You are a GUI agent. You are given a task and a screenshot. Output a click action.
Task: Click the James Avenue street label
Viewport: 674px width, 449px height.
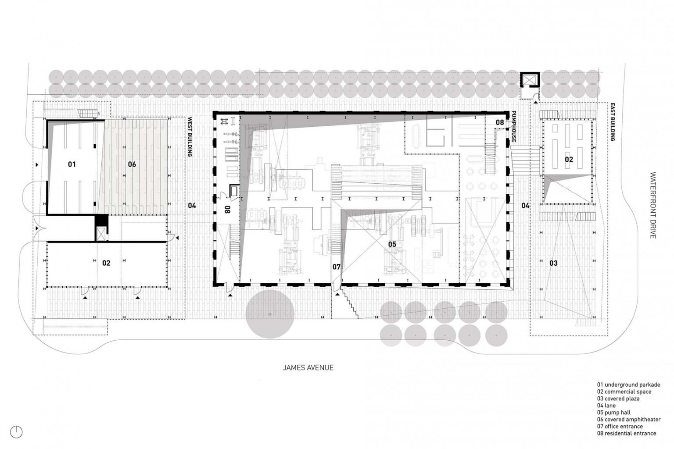tap(308, 367)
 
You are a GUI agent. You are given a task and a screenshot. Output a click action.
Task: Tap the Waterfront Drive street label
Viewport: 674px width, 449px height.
tap(652, 205)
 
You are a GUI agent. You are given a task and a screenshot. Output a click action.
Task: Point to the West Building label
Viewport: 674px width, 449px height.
tap(190, 137)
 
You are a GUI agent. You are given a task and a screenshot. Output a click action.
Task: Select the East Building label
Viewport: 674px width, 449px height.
tap(612, 122)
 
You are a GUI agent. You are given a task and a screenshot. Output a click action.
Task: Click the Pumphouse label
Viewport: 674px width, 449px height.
tap(514, 126)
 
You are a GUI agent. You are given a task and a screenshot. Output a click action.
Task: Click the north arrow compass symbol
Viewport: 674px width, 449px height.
tap(16, 432)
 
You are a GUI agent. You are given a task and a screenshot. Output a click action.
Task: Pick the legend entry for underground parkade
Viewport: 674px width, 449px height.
tap(628, 385)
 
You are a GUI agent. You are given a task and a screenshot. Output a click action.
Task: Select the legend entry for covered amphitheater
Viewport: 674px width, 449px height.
tap(629, 419)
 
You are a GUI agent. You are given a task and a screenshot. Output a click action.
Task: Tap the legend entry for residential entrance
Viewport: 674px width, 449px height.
tap(627, 433)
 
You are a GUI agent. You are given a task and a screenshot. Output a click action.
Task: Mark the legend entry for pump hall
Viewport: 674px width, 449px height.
tap(614, 412)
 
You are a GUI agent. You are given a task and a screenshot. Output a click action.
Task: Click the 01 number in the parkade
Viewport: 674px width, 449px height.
tap(72, 164)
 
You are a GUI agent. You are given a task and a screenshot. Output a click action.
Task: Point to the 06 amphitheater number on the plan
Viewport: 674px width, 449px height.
tap(132, 164)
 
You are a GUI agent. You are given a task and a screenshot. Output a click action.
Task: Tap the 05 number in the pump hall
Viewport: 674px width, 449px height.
tap(392, 244)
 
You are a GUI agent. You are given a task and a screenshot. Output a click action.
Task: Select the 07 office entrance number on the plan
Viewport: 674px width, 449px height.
tap(336, 267)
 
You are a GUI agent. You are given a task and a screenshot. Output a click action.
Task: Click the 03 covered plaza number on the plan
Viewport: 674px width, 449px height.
tap(553, 263)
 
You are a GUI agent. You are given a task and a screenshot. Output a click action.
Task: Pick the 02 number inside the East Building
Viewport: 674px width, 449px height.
tap(569, 160)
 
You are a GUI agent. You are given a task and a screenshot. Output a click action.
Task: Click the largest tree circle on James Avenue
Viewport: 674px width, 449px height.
tap(270, 314)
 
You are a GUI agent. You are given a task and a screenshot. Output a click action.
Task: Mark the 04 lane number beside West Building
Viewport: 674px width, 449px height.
tap(192, 206)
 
